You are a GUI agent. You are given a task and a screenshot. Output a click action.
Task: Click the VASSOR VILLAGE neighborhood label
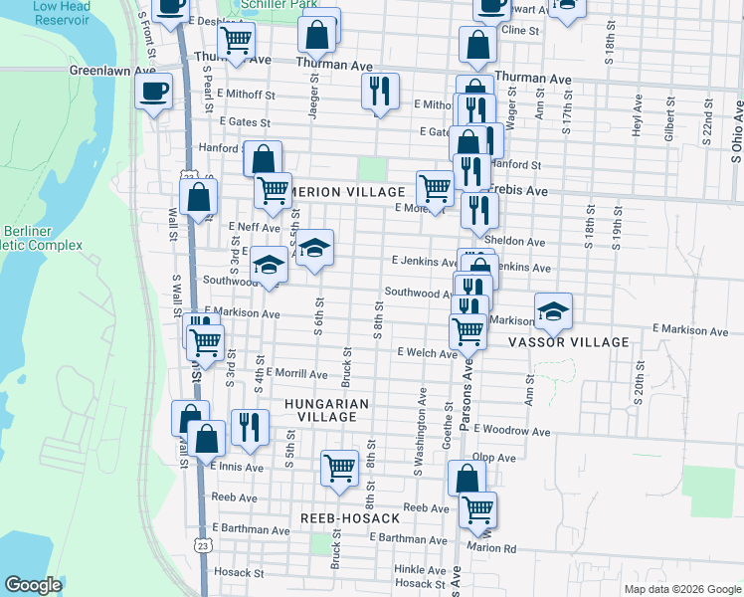[569, 342]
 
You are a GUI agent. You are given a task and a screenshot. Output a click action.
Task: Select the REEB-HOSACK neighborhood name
[350, 519]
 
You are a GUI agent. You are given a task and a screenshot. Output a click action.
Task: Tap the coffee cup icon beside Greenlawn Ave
[153, 93]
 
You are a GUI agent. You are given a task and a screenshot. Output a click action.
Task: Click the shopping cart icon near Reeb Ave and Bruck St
[339, 466]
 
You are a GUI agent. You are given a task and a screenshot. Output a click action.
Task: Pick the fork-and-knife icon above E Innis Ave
[250, 426]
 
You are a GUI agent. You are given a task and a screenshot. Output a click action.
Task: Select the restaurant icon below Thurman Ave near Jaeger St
[379, 91]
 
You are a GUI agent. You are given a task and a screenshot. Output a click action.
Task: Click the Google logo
[33, 585]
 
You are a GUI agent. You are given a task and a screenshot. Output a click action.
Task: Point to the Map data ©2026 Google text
[681, 589]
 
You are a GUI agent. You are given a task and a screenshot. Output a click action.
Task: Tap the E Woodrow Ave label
[512, 431]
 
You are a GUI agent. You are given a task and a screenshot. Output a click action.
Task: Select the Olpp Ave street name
[494, 458]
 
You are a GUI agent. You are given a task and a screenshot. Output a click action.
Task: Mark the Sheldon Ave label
[515, 241]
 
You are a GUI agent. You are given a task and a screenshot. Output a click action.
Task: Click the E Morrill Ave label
[296, 374]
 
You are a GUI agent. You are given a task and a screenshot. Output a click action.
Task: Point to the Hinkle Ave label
[419, 569]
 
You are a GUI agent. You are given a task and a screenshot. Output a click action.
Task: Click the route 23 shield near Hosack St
[204, 546]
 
